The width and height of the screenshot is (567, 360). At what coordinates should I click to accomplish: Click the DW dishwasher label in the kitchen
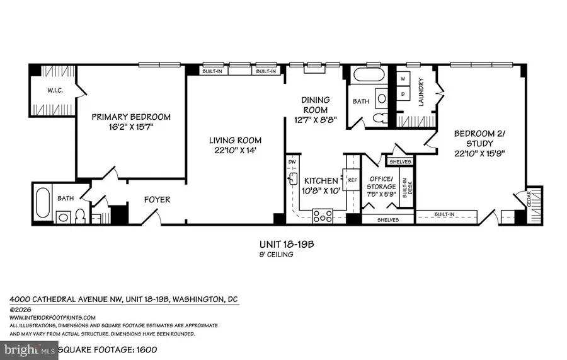point(292,162)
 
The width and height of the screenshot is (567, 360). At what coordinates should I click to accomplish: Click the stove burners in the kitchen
point(323,216)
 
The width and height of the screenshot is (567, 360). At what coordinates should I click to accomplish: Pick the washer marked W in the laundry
point(402,79)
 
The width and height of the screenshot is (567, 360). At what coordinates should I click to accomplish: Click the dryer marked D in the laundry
point(402,94)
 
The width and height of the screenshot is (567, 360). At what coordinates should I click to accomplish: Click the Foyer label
point(157,200)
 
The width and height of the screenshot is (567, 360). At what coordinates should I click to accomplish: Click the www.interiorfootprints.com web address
point(53,317)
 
